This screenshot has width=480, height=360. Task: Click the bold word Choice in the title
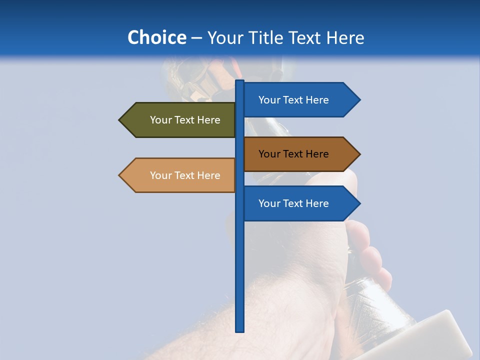tap(156, 38)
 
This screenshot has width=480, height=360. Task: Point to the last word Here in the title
tap(345, 38)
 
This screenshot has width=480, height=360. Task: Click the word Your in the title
tap(224, 38)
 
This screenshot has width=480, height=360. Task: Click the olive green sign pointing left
tap(180, 120)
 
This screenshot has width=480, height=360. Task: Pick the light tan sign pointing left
tap(180, 175)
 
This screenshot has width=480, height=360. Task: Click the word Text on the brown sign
tap(293, 154)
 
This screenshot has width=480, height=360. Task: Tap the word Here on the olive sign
tap(208, 120)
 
